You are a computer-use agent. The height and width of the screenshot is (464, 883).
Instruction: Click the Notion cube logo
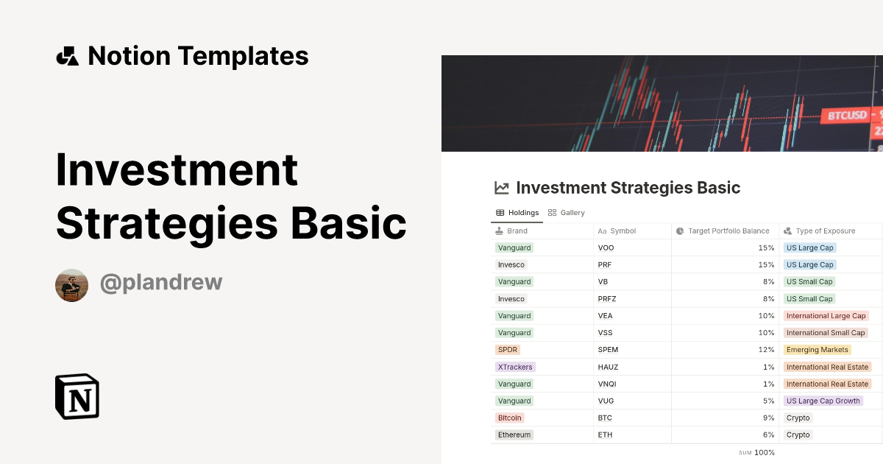coord(77,396)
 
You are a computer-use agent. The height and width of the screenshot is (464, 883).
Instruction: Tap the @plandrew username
coord(160,283)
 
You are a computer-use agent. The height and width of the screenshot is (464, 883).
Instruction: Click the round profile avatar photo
coord(71,285)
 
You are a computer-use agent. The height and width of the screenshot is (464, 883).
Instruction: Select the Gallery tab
coord(567,213)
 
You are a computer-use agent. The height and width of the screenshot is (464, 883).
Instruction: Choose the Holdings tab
coord(518,213)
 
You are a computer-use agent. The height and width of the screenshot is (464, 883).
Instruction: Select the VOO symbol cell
coord(606,248)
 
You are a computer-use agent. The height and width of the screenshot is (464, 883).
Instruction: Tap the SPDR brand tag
coord(508,350)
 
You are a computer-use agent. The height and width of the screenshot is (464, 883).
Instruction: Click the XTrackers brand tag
coord(515,367)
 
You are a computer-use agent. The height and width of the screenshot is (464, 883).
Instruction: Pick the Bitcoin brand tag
coord(510,418)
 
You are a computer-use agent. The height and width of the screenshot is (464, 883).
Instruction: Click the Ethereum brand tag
coord(514,435)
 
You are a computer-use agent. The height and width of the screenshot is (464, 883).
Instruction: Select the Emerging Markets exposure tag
coord(817,350)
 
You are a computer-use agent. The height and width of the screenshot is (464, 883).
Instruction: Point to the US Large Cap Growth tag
coord(823,401)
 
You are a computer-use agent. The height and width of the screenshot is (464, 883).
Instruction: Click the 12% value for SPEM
coord(766,350)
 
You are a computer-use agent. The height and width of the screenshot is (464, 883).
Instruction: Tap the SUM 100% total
coord(757,452)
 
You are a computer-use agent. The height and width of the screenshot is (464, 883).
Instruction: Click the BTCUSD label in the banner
coord(847,116)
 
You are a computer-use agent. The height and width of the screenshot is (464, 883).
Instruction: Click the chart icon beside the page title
coord(502,188)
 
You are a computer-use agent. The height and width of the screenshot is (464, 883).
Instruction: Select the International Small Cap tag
coord(826,333)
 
